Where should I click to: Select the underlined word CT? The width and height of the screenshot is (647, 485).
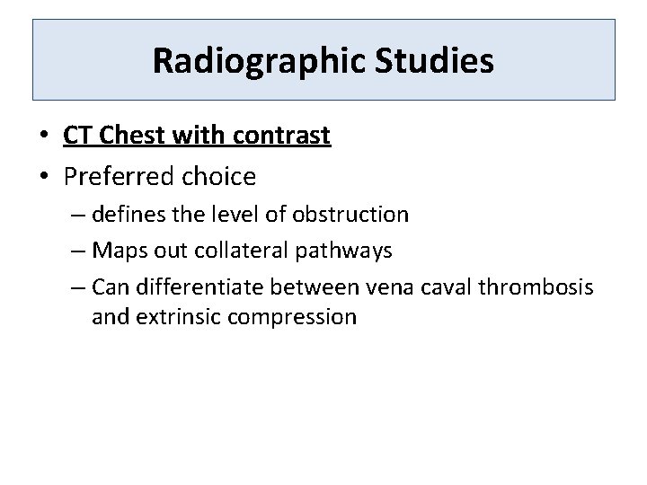click(78, 136)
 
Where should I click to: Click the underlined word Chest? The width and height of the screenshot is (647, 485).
click(131, 136)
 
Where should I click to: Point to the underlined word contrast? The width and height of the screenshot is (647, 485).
click(282, 136)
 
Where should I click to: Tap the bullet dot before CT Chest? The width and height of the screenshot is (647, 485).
click(43, 137)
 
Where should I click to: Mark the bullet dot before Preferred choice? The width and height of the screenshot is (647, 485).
click(43, 178)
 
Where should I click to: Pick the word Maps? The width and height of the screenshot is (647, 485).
click(115, 251)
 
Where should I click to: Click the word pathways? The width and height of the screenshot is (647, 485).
click(348, 251)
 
